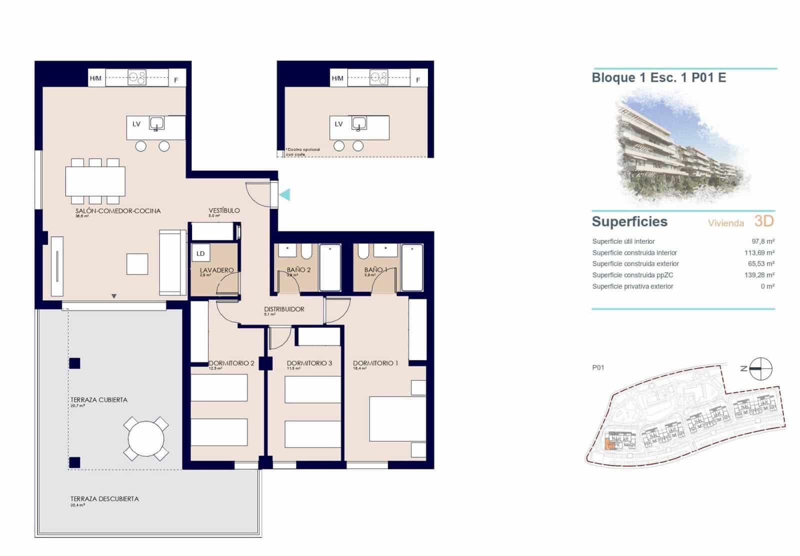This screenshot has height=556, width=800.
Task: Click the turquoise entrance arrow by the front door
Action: (285, 194)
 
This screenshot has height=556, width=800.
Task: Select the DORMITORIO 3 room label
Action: (309, 363)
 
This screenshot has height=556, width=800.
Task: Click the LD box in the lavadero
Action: (200, 253)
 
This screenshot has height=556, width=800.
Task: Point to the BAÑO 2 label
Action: (298, 269)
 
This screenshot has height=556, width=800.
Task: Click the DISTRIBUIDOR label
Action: (284, 309)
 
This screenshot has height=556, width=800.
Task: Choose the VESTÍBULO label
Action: (224, 210)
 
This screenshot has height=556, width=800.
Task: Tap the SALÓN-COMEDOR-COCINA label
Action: (118, 211)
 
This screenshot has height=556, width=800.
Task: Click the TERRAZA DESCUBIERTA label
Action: (104, 498)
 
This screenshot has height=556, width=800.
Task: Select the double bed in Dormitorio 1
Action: (397, 418)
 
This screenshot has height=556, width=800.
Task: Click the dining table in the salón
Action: (95, 181)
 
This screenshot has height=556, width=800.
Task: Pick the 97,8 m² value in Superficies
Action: (763, 241)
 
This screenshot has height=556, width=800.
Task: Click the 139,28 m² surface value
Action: (759, 275)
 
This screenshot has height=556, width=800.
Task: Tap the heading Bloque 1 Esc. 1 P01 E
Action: (658, 77)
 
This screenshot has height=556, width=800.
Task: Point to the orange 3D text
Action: (763, 221)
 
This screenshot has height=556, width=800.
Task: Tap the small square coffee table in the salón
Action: (137, 264)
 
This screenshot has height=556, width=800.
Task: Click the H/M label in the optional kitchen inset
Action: (337, 78)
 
